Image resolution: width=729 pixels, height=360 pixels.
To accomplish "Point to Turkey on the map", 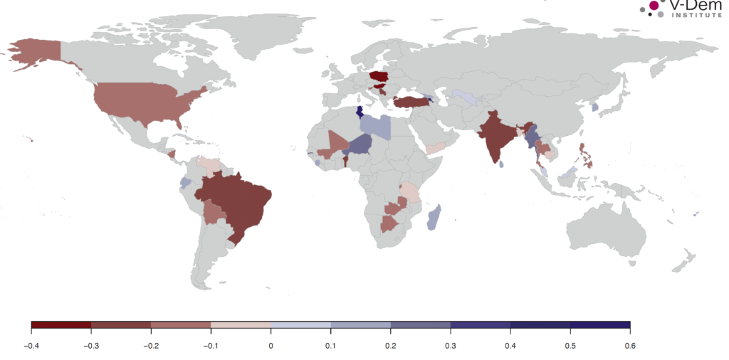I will click(411, 102).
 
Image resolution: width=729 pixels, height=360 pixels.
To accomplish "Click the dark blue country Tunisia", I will click(360, 112).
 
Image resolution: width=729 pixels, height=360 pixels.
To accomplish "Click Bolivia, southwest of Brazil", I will click(214, 211).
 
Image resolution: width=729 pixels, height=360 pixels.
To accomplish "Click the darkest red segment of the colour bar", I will click(61, 325).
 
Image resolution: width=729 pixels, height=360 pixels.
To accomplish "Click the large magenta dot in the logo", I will click(654, 5).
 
